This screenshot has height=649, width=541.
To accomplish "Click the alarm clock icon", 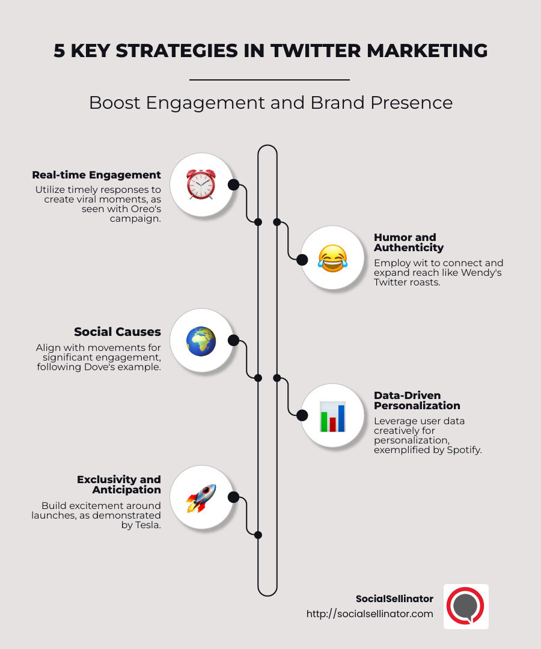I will point(201,184).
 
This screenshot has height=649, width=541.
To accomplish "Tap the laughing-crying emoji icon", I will point(332,259).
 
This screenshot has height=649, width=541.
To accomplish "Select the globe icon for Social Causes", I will point(201,341).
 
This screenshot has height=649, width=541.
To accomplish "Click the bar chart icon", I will point(332,416).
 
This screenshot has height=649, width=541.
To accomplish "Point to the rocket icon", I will point(201,498).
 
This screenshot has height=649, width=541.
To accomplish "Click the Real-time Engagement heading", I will point(96,175).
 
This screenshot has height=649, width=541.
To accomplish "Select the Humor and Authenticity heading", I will point(409,242).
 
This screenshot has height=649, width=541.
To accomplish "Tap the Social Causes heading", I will point(117,332).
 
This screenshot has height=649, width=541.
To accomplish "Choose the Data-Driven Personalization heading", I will point(416,400).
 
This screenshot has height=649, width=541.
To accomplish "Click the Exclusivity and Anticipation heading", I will point(119,484).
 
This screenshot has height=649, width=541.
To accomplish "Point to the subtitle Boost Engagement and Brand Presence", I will point(270,103).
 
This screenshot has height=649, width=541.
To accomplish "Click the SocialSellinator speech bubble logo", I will point(466,606).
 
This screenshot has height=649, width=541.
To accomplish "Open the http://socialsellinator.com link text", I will point(369,614).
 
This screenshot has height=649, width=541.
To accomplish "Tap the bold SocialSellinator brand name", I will point(394,599).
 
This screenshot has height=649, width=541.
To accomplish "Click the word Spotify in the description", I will point(462,449).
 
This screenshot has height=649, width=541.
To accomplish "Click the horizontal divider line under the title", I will point(269,79).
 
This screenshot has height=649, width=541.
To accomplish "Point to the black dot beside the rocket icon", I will point(234,497).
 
